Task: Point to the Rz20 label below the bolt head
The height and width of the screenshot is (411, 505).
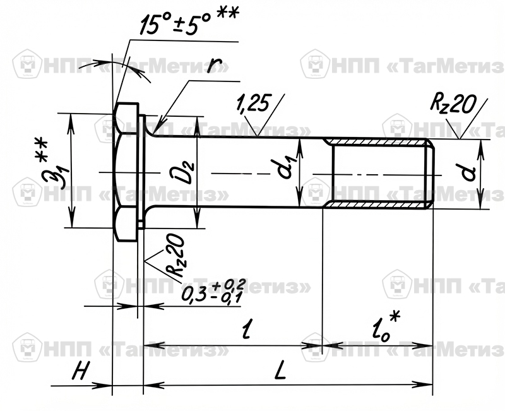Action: click(175, 256)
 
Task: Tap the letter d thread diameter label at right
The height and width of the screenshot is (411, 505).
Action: click(468, 173)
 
